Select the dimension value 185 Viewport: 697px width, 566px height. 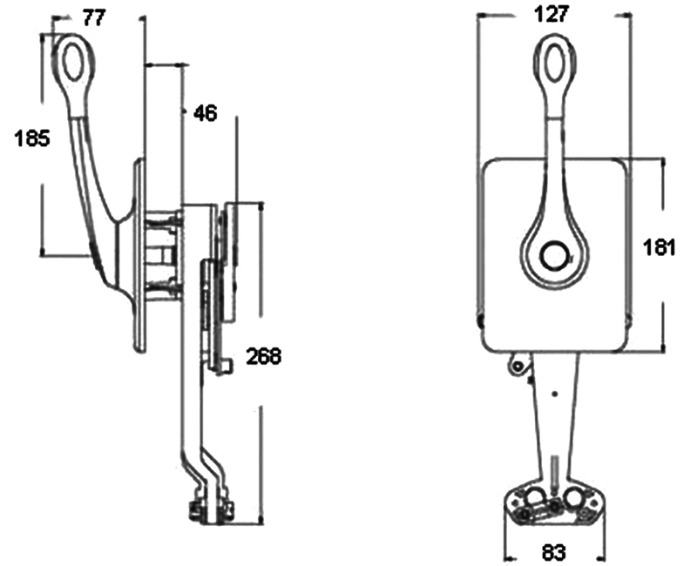click(33, 138)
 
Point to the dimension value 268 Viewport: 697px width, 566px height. click(264, 356)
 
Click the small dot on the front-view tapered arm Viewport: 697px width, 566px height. click(554, 394)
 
